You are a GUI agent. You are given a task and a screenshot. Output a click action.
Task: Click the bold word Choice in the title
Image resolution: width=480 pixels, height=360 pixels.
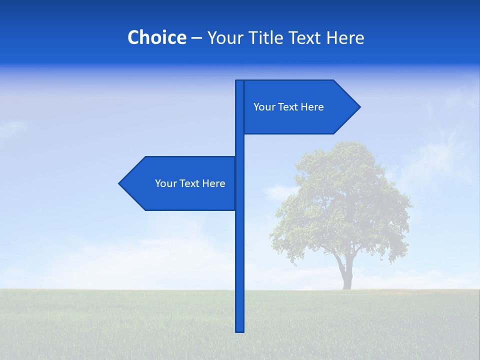[156, 38]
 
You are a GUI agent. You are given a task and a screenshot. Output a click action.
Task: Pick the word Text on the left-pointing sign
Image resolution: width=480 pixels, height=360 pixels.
[190, 183]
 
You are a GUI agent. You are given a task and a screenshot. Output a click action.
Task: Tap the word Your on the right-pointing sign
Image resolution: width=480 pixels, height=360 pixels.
[264, 107]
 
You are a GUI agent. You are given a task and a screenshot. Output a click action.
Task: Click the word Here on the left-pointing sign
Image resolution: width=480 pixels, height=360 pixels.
[214, 183]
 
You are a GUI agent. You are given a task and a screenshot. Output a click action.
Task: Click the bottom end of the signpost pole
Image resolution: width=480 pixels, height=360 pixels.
[239, 330]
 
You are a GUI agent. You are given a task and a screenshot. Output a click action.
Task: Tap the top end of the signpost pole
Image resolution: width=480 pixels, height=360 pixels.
[239, 82]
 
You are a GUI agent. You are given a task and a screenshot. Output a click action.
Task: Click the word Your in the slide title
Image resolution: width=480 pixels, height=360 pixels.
[225, 38]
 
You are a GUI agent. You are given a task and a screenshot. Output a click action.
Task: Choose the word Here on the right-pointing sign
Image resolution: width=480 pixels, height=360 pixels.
[312, 107]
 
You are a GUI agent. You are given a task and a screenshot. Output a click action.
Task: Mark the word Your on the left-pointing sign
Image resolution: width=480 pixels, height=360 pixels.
[165, 183]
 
